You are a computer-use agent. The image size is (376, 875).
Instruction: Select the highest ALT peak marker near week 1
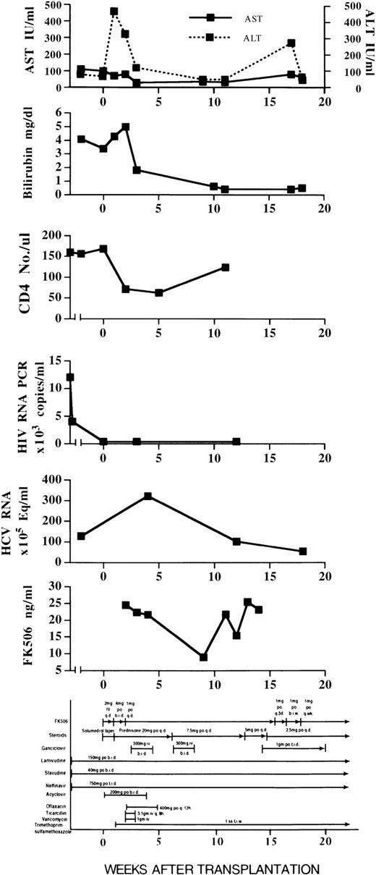point(114,12)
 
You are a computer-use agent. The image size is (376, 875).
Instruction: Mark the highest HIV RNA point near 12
point(70,377)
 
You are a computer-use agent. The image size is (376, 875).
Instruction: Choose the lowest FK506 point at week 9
point(203,657)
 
